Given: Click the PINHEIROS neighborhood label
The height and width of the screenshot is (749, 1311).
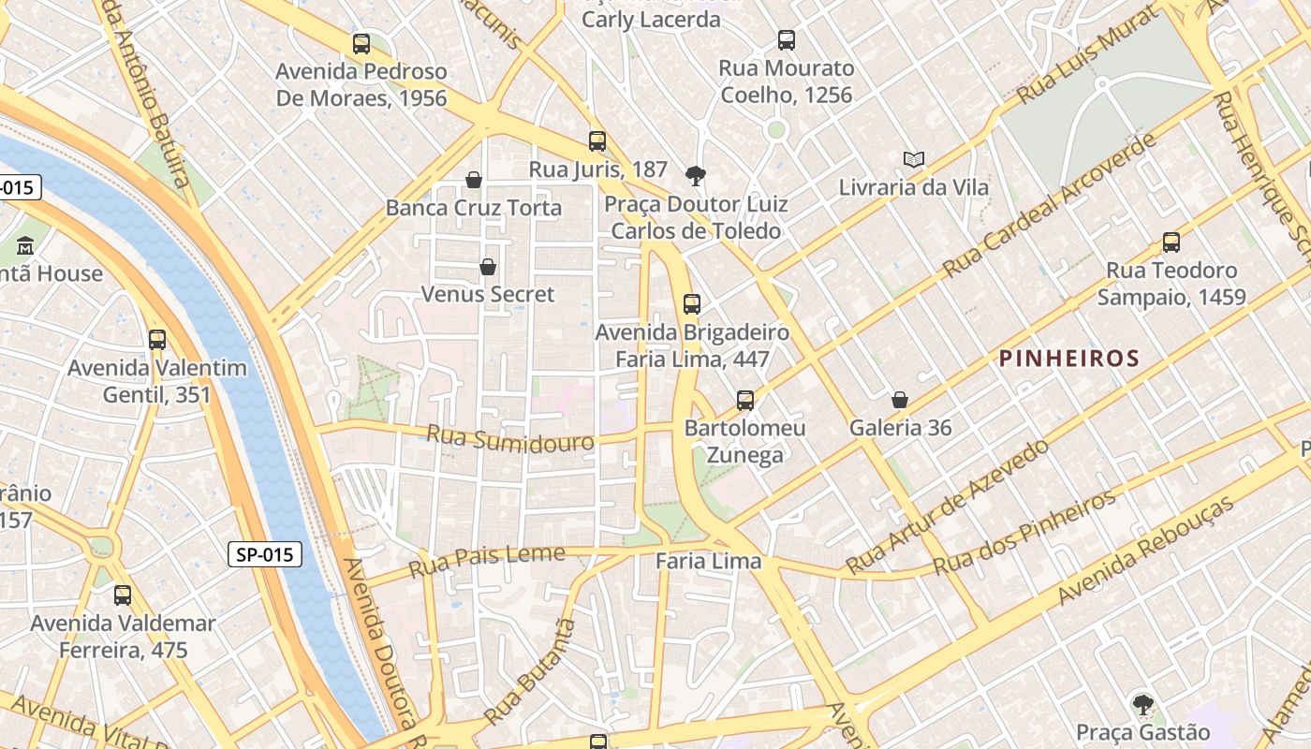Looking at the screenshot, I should pos(1068,359).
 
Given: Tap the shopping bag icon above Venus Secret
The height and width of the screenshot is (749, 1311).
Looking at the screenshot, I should pos(488,268).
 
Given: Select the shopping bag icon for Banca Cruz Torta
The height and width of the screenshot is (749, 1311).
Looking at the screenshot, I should pos(474,180).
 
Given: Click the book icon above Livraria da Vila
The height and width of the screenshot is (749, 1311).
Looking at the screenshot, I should pos(913,160).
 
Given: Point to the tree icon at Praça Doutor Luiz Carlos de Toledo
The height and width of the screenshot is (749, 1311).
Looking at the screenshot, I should pos(695,176).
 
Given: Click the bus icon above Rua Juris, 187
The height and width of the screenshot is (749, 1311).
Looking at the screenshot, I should pos(597,141).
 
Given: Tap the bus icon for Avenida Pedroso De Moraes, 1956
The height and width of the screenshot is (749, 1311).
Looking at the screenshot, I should pos(361,43).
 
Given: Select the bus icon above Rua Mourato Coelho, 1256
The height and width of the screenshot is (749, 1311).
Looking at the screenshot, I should pos(787,40).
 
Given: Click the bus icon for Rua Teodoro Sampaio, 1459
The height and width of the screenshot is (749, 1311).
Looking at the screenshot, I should pos(1171,242).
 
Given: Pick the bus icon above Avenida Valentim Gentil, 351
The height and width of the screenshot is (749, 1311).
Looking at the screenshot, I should pos(157,340).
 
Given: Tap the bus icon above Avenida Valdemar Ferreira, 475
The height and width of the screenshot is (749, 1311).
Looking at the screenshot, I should pos(123,595).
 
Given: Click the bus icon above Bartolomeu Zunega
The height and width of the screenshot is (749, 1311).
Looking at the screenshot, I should pos(745,401).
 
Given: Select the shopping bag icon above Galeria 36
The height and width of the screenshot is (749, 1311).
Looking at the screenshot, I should pos(900,401).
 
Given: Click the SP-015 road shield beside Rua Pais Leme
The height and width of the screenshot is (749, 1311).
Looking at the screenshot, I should pos(265,554).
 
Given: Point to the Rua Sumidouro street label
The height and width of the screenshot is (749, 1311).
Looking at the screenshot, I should pos(510,438).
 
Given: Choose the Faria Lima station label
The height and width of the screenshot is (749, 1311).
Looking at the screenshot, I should pos(708,562).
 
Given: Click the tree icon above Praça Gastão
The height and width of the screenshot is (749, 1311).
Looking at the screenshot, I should pos(1142,704).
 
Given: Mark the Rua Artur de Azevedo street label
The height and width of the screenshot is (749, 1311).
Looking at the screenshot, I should pos(947,507).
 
